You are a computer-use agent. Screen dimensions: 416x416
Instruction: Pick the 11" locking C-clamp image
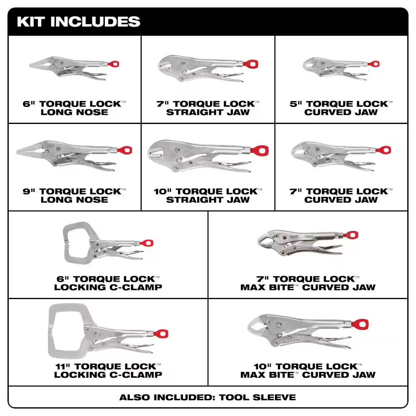click(x=106, y=331)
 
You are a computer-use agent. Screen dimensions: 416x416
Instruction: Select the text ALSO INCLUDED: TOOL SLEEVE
click(x=208, y=397)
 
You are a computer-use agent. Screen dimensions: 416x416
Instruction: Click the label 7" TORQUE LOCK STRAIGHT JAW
click(x=208, y=108)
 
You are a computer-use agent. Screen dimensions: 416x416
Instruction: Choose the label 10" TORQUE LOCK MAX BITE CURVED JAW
click(x=308, y=371)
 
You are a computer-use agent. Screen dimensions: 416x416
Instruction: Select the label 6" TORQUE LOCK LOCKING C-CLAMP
click(x=108, y=283)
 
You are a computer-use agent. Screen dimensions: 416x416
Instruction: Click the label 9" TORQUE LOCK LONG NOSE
click(x=74, y=196)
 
